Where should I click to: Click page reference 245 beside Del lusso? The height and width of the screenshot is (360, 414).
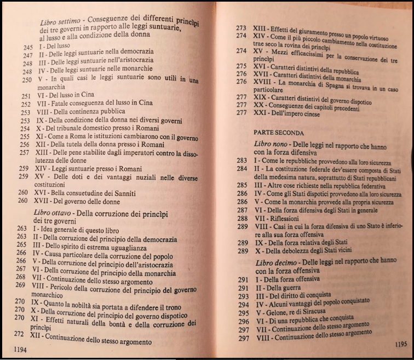click(29, 48)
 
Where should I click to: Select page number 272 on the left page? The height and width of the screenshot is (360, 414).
click(20, 333)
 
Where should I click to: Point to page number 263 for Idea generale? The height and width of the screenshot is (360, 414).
click(21, 227)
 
